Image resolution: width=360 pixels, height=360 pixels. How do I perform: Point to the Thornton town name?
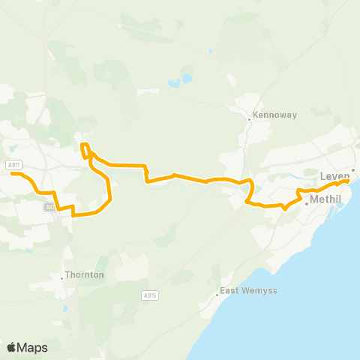pos(84,275)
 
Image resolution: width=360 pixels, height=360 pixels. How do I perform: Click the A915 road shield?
pos(150,295)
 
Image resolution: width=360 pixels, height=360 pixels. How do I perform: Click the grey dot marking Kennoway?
pos(250,118)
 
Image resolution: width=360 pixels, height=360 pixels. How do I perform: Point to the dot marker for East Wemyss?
pos(217,294)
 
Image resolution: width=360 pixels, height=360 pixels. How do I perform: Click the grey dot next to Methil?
pos(306,202)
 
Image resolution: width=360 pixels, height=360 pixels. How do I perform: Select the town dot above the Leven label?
pos(352,169)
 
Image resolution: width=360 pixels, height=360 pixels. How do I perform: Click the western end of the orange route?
pos(11,173)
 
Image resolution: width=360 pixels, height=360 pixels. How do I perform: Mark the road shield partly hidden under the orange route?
pos(49,207)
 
